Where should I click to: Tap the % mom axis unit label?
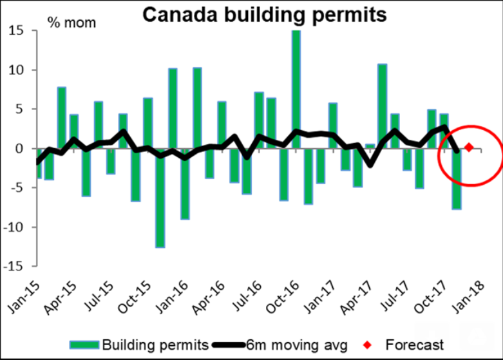point(71,24)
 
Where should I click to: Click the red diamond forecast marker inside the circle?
point(469,147)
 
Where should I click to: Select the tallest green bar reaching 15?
point(296,90)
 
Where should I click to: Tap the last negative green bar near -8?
point(457,178)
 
